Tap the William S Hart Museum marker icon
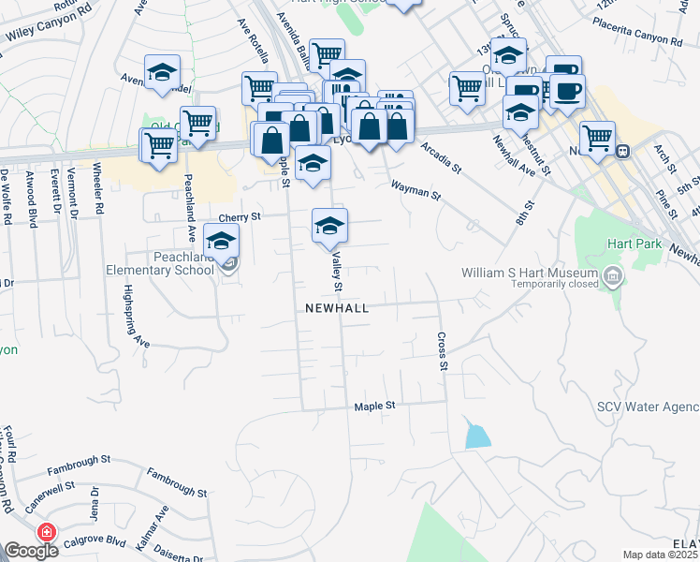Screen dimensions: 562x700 pos(613,275)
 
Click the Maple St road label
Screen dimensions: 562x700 pos(375,407)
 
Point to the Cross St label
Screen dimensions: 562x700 pos(440,350)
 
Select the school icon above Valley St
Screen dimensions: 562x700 pos(328,225)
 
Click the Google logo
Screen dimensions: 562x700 pos(31,551)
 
